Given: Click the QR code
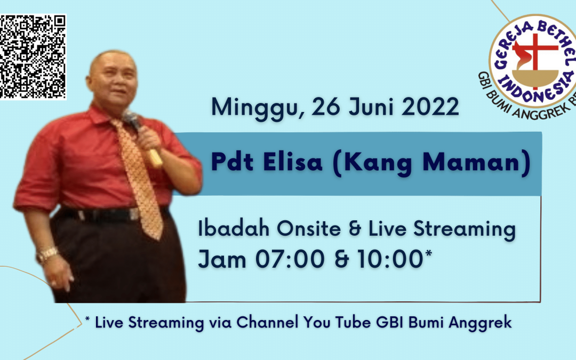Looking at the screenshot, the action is pyautogui.click(x=33, y=57).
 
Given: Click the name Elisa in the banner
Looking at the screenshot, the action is pyautogui.click(x=292, y=162).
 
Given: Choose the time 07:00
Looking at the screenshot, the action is pyautogui.click(x=290, y=259).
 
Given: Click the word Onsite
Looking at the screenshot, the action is pyautogui.click(x=309, y=228).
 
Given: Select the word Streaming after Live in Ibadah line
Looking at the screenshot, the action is pyautogui.click(x=465, y=230).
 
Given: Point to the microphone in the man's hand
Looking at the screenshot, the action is pyautogui.click(x=143, y=138).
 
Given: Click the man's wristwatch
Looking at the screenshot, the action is pyautogui.click(x=47, y=254).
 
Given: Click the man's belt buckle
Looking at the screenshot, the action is pyautogui.click(x=134, y=214).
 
